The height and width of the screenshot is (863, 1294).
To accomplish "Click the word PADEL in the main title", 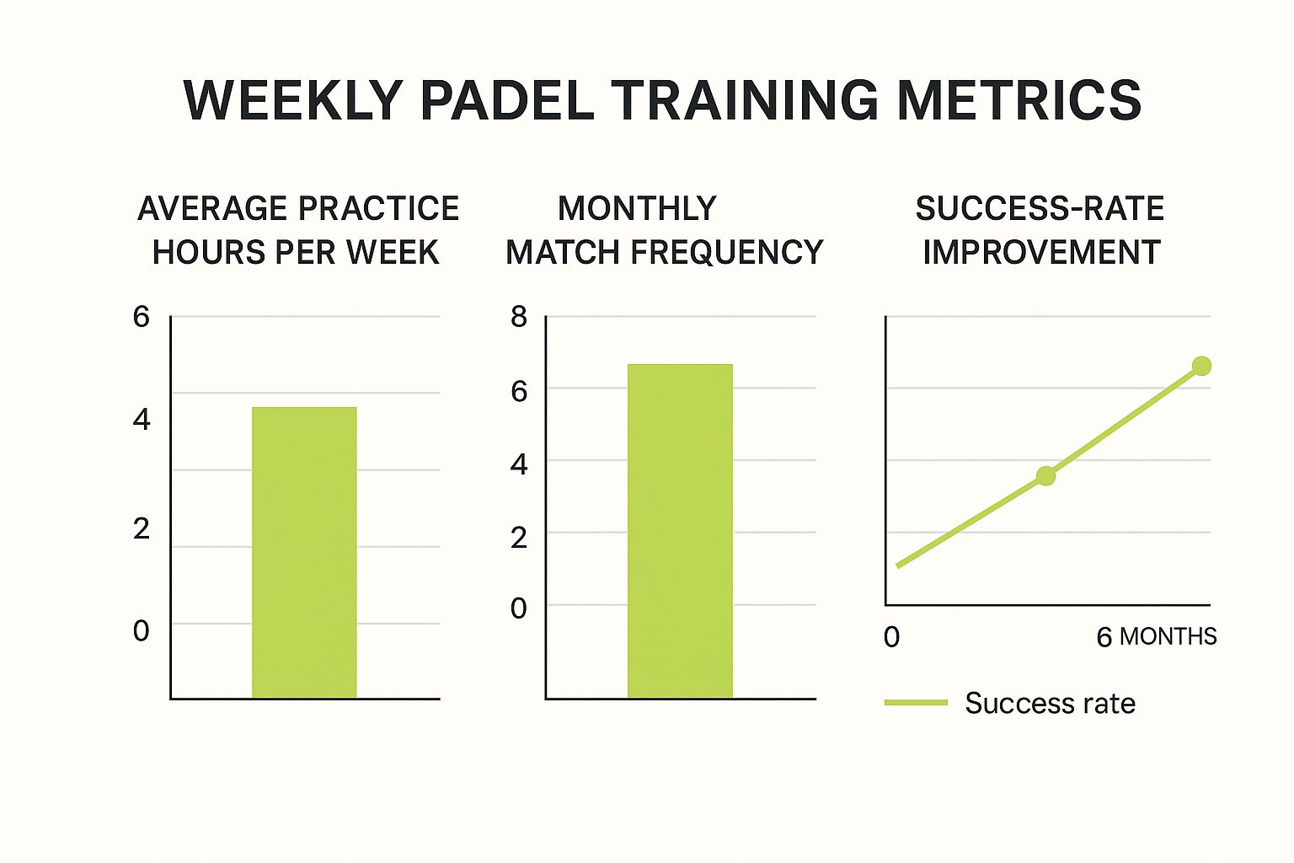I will tap(506, 100).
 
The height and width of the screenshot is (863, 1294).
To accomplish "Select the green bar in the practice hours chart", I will tap(304, 552).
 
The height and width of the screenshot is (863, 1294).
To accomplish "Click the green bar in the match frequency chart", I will tap(680, 531).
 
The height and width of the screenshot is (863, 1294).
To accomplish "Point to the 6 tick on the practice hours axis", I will tap(141, 317).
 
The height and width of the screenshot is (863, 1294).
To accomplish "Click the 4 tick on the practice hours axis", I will tap(141, 419).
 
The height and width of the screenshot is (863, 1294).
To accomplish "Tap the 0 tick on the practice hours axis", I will tap(141, 630).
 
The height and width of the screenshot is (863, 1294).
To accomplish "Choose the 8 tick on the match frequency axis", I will tap(519, 318).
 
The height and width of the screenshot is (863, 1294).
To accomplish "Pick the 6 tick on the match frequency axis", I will tap(519, 391).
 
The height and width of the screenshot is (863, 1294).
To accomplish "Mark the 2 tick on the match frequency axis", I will tap(519, 537).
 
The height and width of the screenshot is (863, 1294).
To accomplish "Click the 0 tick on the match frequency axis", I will tap(519, 608).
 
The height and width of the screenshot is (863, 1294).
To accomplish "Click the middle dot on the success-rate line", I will tap(1045, 475).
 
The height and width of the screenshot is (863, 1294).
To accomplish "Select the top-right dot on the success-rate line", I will tap(1201, 366).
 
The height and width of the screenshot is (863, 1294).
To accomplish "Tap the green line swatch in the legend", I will tap(916, 703).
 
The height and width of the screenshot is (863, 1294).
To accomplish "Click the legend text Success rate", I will tap(1050, 703).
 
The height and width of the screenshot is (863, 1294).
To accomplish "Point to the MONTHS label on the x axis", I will tap(1168, 636).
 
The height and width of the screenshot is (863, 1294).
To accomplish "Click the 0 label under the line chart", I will tap(891, 637).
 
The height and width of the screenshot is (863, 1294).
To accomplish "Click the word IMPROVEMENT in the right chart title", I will tap(1041, 252).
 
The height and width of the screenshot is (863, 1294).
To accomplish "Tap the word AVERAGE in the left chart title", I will tap(212, 208).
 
